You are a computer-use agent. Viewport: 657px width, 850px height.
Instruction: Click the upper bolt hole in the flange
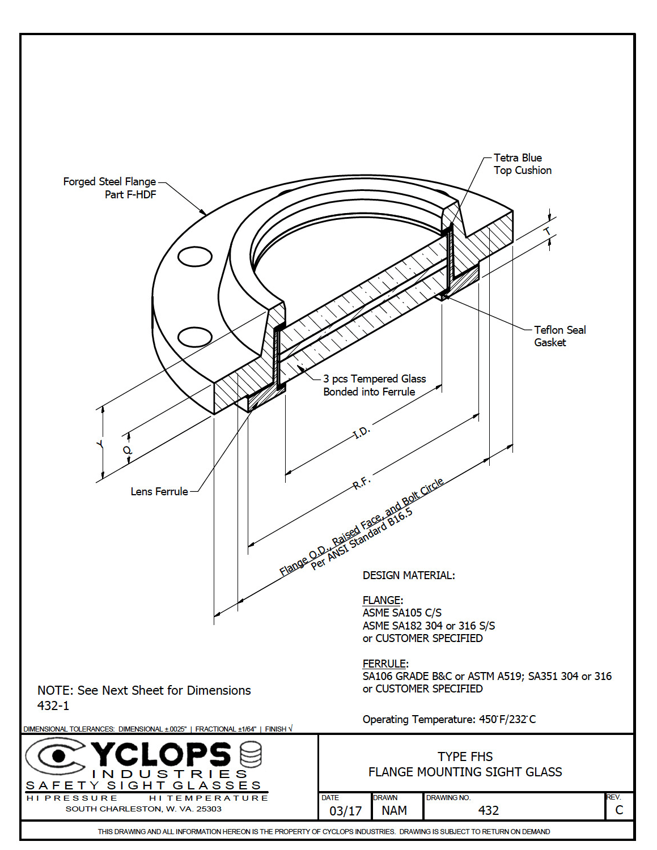point(195,257)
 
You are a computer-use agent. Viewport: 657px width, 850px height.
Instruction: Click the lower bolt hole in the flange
point(195,337)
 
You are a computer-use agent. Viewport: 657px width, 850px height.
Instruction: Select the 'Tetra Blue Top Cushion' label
point(522,164)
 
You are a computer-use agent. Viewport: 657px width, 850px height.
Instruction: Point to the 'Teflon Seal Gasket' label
point(559,336)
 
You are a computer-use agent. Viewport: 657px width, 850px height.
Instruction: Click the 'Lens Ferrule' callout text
point(159,492)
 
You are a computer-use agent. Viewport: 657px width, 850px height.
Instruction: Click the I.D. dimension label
point(361,432)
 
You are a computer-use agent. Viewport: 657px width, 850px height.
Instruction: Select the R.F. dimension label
point(361,483)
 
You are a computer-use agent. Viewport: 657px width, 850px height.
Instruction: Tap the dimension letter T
point(548,232)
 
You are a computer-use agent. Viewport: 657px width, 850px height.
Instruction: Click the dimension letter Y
point(100,444)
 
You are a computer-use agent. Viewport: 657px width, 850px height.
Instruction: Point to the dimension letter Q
point(128,450)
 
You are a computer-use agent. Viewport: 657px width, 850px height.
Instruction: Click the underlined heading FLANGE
point(382,600)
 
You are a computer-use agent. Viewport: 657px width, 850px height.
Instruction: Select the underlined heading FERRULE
point(384,664)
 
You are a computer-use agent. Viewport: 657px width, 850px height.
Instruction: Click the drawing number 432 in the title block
point(488,810)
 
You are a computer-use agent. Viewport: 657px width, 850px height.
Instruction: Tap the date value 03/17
point(345,811)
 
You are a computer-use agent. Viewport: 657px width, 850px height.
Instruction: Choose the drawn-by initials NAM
point(394,810)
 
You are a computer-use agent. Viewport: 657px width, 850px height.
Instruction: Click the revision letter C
point(619,810)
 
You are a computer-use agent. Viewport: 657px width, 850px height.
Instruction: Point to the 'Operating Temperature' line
point(449,719)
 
